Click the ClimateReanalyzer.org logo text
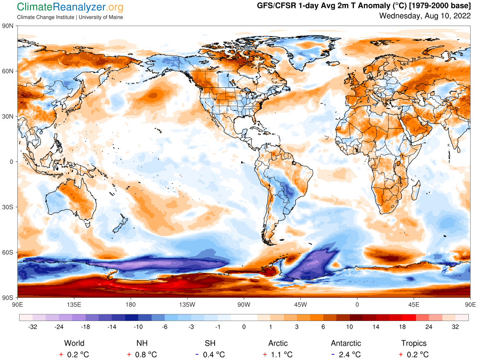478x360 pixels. click(x=70, y=7)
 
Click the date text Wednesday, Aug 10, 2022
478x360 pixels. click(x=425, y=16)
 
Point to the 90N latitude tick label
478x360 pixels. click(x=9, y=26)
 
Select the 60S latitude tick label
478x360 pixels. click(x=9, y=252)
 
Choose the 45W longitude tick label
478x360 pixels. click(x=300, y=304)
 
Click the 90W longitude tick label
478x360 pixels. click(x=244, y=304)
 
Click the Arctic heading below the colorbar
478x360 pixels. click(x=278, y=343)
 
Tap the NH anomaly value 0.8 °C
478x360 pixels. click(x=145, y=354)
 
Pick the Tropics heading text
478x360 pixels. click(x=414, y=343)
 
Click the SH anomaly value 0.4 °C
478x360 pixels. click(x=213, y=354)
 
